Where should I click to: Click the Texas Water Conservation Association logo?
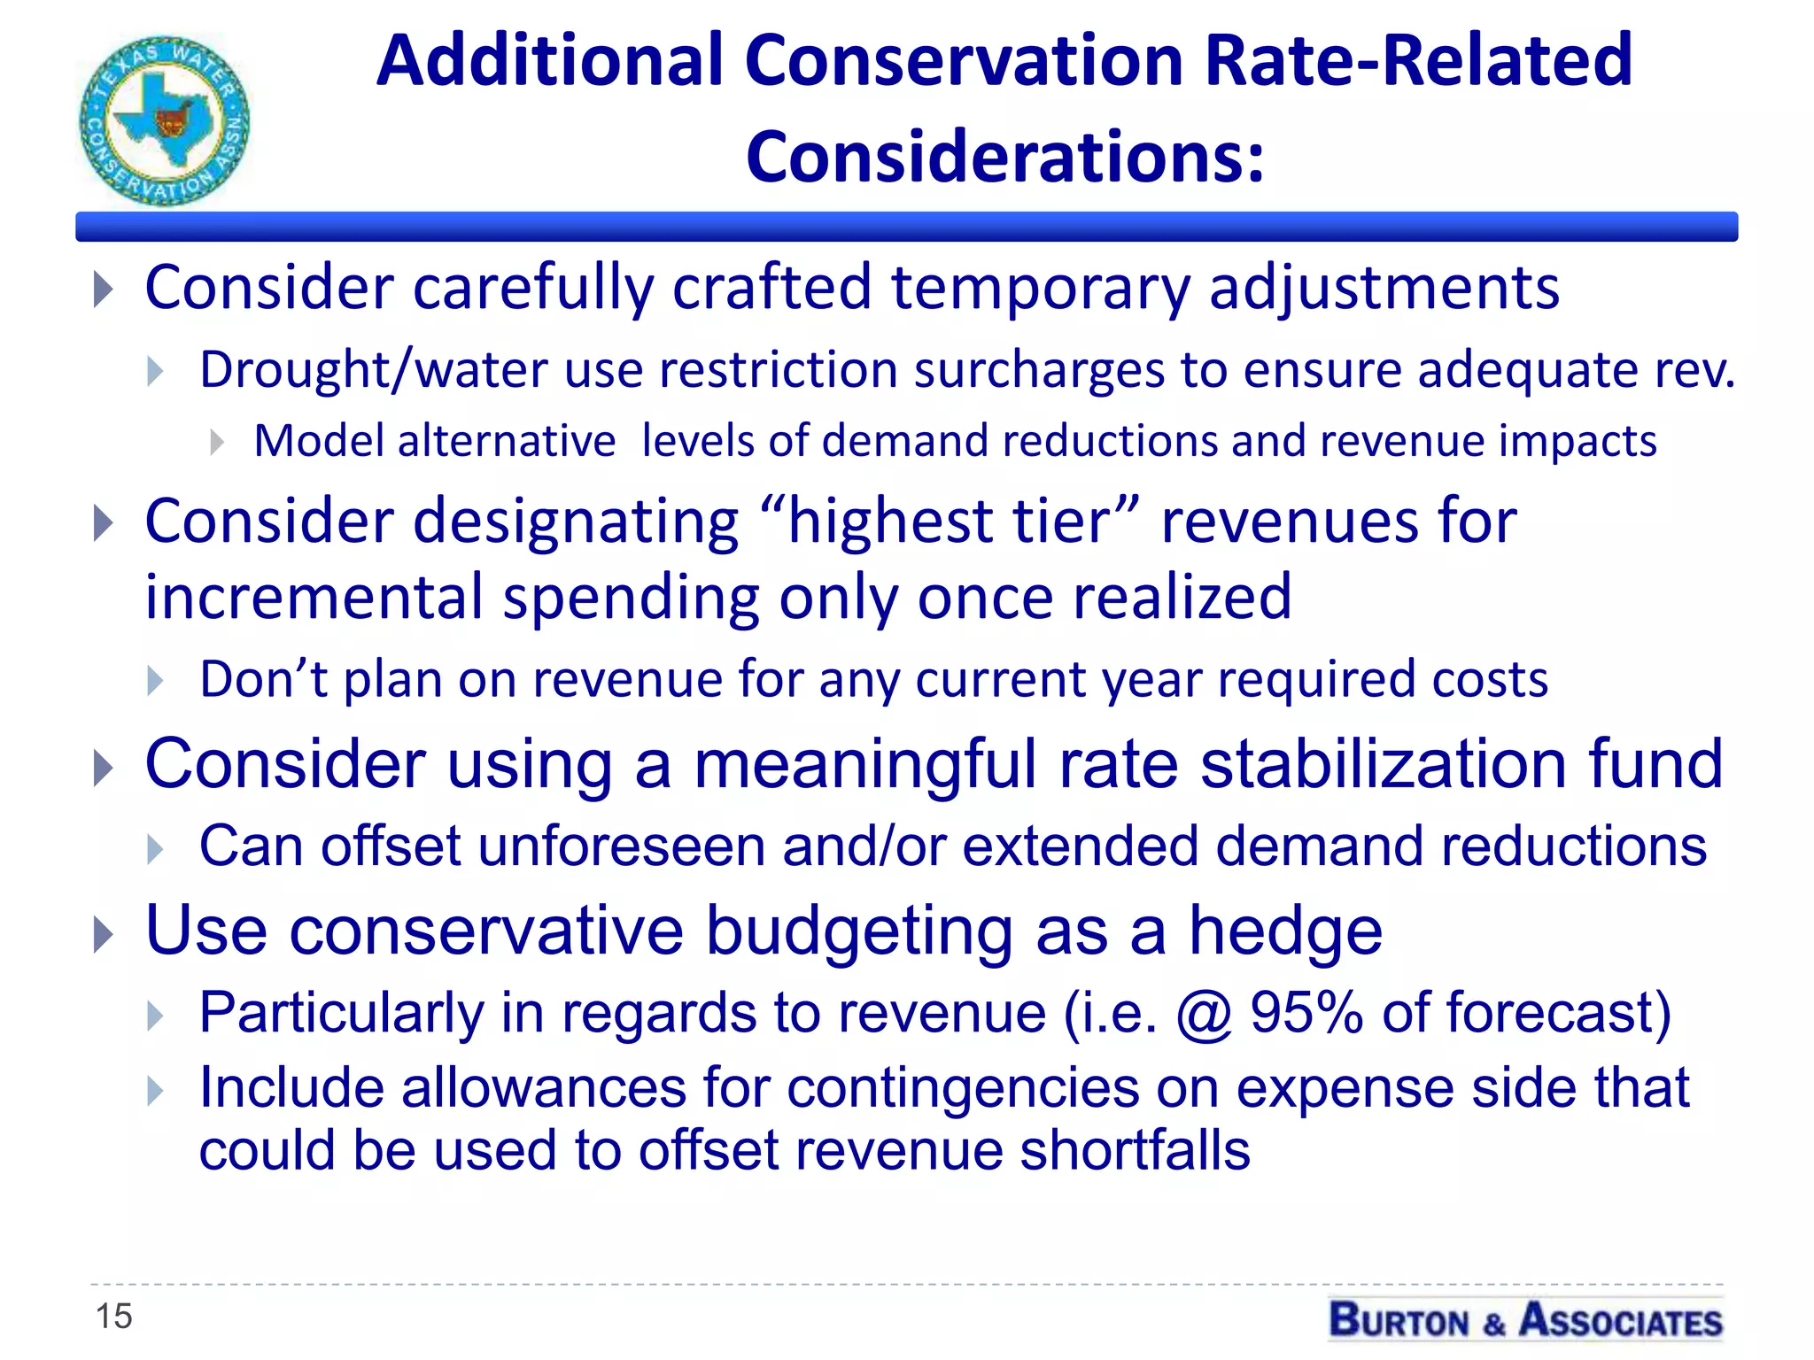point(165,120)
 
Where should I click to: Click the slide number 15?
point(113,1316)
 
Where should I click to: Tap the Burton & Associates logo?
point(1525,1320)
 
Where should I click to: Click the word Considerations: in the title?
point(1005,158)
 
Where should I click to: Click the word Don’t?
point(263,680)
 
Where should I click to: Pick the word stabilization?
point(1383,763)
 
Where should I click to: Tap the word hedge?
point(1284,931)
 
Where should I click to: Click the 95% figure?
point(1306,1012)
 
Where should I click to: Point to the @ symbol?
point(1204,1014)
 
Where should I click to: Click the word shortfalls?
point(1134,1150)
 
